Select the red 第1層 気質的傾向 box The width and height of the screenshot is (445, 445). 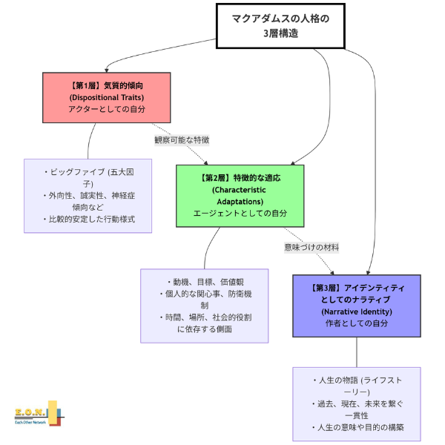coord(106,97)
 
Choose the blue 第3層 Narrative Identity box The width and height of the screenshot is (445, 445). coord(357,305)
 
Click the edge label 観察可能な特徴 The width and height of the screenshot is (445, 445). coord(182,139)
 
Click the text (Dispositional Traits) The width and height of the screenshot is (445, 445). coord(106,97)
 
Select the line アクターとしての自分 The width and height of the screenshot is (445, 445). coord(106,109)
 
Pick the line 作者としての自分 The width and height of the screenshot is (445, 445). coord(357,323)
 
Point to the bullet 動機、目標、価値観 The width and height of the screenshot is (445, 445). coord(205,282)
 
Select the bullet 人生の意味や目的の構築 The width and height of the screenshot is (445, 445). coord(357,428)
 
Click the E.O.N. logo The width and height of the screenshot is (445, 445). coord(32,412)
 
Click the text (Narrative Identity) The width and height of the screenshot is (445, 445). coord(357,311)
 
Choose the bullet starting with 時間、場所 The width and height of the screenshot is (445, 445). coord(205,323)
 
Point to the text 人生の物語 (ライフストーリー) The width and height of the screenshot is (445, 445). coord(357,386)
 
